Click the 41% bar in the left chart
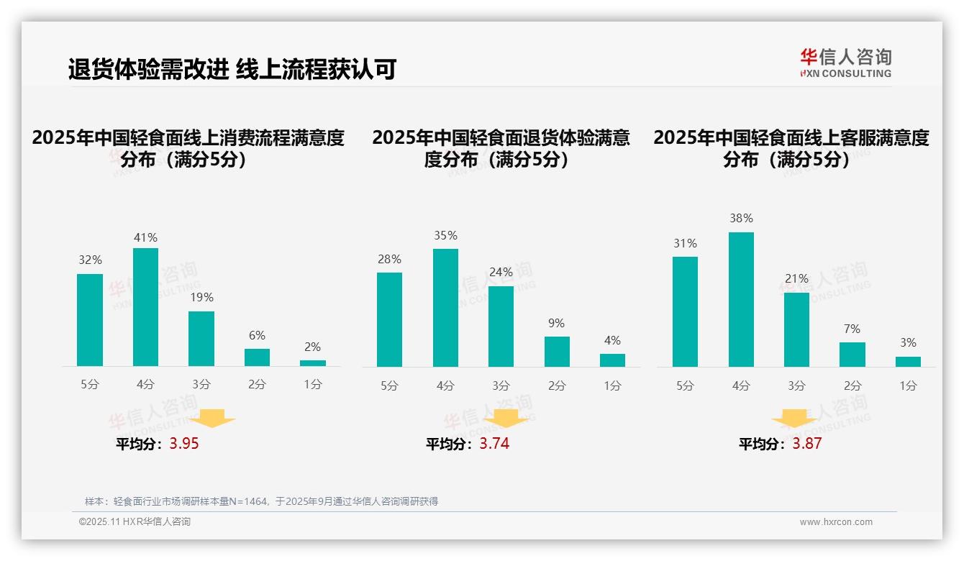click(146, 307)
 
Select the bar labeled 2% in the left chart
click(313, 363)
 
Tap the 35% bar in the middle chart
click(445, 308)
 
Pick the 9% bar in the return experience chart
click(557, 352)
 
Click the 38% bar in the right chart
click(741, 299)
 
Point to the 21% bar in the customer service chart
click(796, 329)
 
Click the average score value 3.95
click(184, 444)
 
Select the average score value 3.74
click(494, 444)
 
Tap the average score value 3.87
click(806, 444)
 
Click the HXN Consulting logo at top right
click(845, 63)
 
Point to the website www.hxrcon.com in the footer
click(836, 522)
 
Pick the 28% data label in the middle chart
click(389, 260)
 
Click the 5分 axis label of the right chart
click(685, 386)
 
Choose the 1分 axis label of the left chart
click(313, 385)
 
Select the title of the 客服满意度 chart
click(791, 148)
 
